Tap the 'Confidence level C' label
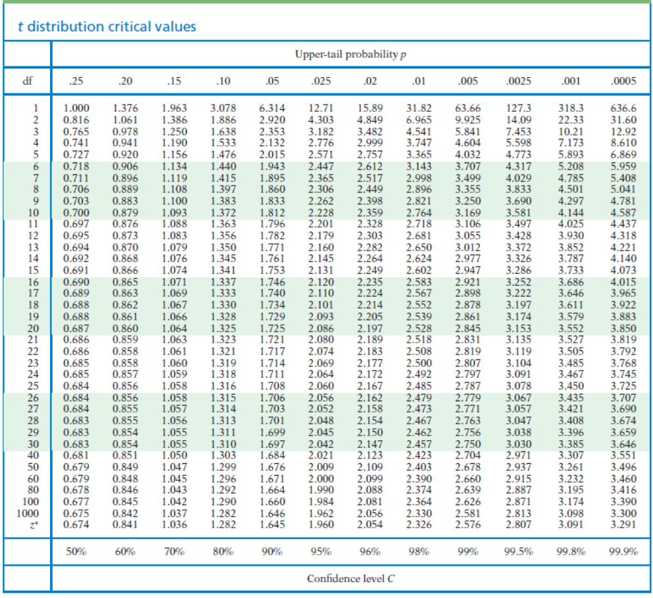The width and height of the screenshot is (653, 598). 351,579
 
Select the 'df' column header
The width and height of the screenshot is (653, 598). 27,82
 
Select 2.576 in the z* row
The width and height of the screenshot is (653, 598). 468,524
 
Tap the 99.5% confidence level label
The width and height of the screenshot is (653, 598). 518,552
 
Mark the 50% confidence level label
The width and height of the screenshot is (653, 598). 76,552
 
